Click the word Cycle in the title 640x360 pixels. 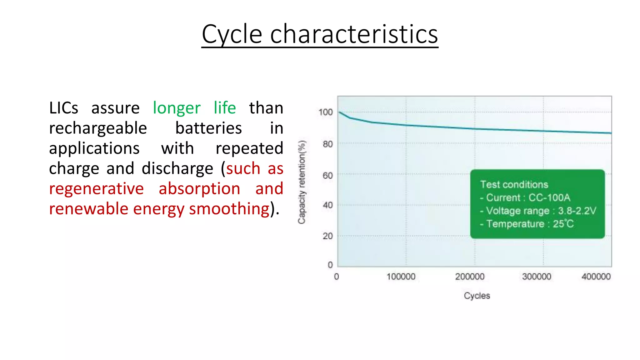[232, 34]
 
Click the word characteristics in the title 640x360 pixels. [354, 34]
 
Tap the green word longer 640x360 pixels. [177, 108]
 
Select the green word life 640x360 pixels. [225, 108]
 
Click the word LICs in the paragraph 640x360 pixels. [64, 108]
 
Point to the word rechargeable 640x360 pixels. [98, 128]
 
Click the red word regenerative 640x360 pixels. [96, 189]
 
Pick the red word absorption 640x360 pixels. [199, 189]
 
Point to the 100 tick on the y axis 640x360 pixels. [326, 112]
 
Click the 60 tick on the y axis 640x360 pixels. [328, 175]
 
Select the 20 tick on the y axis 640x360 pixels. [328, 236]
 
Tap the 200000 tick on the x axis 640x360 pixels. [470, 277]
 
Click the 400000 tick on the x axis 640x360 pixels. [596, 277]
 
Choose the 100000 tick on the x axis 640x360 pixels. [401, 277]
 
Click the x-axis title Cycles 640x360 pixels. [477, 296]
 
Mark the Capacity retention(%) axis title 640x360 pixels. [302, 182]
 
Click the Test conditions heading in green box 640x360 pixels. [514, 184]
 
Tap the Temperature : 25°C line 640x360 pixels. [527, 224]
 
